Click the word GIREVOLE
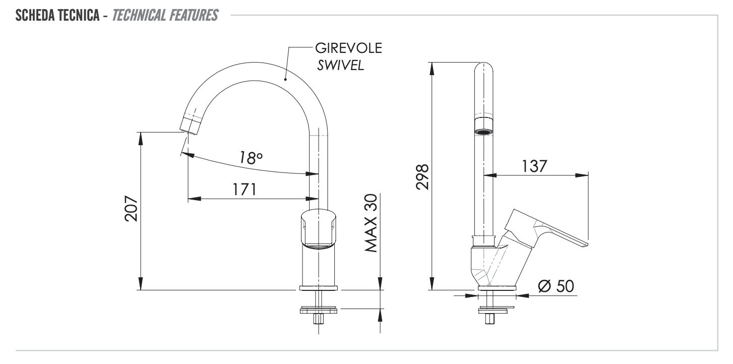348,49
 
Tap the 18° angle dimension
251,157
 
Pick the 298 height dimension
422,176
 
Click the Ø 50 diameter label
556,286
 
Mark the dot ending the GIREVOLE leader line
285,79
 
